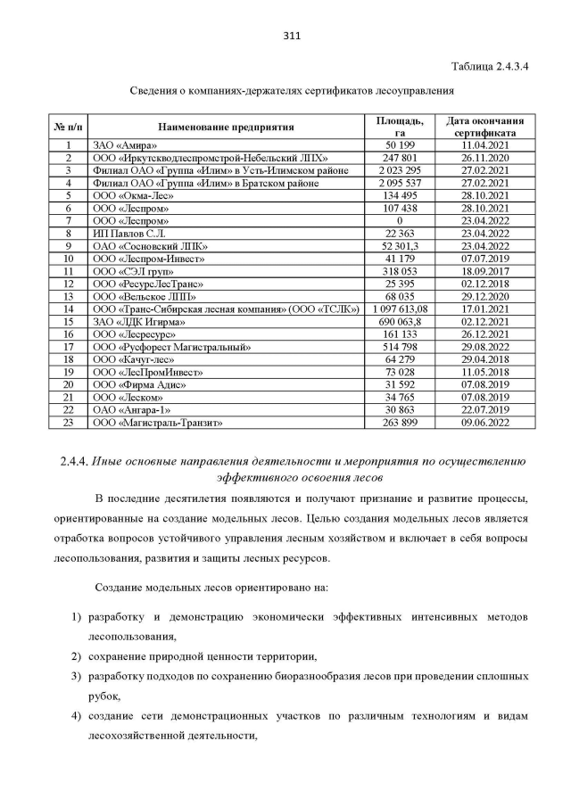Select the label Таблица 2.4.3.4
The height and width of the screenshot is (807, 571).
[490, 67]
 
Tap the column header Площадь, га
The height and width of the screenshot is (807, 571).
[401, 126]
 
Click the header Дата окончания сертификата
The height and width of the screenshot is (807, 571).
[484, 126]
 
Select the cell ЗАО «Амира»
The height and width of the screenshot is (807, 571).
[125, 144]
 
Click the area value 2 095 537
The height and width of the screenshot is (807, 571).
[401, 183]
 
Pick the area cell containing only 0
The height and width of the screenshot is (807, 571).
[401, 219]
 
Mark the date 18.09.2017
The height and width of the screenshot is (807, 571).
[484, 270]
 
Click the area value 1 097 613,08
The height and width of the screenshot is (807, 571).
[401, 308]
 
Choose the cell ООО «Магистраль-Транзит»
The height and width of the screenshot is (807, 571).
[156, 422]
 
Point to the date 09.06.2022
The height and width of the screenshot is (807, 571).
[484, 422]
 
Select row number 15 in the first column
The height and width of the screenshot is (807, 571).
[68, 320]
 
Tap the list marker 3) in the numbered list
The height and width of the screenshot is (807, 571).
[77, 679]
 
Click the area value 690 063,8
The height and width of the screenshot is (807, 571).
[401, 320]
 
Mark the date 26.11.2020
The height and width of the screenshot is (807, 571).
[484, 157]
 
